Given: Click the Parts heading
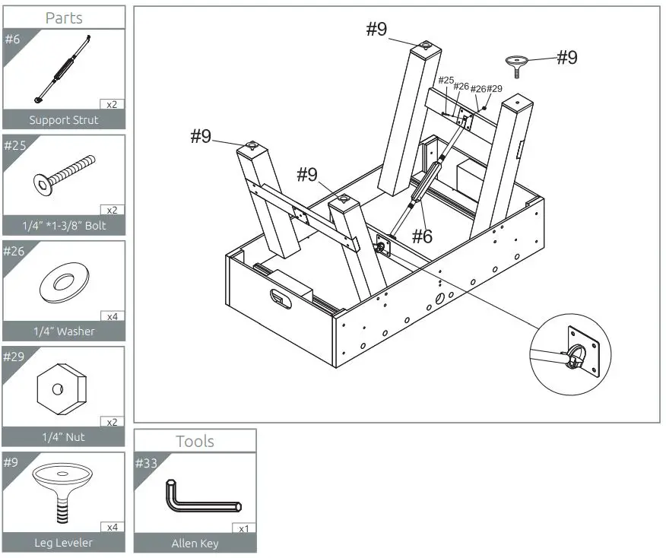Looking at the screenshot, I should click(x=64, y=17).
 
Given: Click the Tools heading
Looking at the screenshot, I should click(x=195, y=441).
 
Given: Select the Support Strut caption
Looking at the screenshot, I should click(x=64, y=119).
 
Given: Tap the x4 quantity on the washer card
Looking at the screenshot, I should click(x=111, y=315).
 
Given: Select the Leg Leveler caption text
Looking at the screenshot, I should click(x=64, y=543).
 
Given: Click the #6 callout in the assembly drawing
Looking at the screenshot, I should click(x=422, y=236).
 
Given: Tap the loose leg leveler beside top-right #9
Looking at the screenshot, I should click(x=518, y=64).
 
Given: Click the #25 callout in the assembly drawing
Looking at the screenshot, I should click(x=446, y=81).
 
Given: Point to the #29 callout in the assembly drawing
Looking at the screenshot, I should click(x=494, y=89).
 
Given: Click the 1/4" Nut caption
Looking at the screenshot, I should click(x=64, y=436).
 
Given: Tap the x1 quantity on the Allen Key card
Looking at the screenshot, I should click(x=243, y=528).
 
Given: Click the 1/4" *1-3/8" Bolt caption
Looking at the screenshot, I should click(x=64, y=226).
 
